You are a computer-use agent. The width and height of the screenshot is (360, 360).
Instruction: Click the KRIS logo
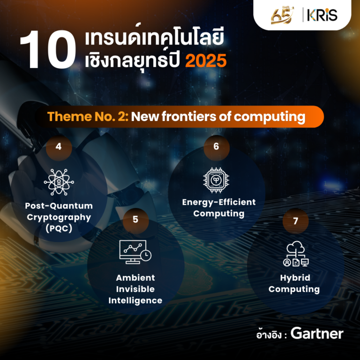pyautogui.click(x=322, y=15)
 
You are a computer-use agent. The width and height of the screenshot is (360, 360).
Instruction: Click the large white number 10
pyautogui.click(x=48, y=49)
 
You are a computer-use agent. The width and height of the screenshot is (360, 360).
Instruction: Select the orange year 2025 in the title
pyautogui.click(x=206, y=60)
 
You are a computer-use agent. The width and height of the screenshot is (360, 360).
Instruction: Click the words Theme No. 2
pyautogui.click(x=88, y=116)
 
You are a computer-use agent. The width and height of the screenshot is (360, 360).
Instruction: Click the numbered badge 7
pyautogui.click(x=295, y=221)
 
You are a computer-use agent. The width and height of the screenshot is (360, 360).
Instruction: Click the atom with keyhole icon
pyautogui.click(x=59, y=182)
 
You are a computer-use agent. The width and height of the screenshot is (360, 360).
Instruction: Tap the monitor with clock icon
pyautogui.click(x=135, y=252)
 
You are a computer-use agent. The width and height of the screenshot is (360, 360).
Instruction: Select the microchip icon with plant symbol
pyautogui.click(x=216, y=180)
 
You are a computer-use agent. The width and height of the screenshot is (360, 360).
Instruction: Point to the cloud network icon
pyautogui.click(x=296, y=254)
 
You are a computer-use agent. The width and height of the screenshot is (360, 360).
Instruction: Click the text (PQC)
pyautogui.click(x=59, y=228)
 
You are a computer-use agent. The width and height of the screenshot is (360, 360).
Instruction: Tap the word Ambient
pyautogui.click(x=135, y=278)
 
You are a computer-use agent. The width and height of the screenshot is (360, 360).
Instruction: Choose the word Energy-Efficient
pyautogui.click(x=219, y=202)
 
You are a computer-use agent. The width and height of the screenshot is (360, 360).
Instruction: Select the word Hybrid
pyautogui.click(x=295, y=278)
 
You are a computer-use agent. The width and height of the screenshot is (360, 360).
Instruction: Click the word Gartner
pyautogui.click(x=317, y=334)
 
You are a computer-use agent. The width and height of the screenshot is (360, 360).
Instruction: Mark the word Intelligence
pyautogui.click(x=135, y=301)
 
